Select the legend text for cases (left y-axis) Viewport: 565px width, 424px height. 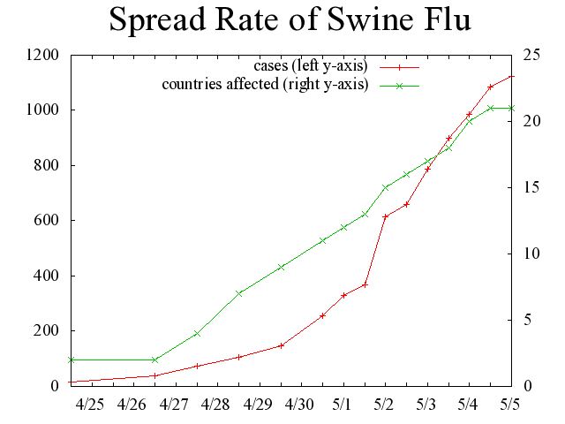pyautogui.click(x=309, y=66)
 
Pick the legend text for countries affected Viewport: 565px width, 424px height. pyautogui.click(x=264, y=85)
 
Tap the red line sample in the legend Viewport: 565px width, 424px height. pyautogui.click(x=398, y=66)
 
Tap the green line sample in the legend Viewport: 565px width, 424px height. pyautogui.click(x=398, y=86)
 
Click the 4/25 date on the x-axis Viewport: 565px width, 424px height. pyautogui.click(x=90, y=405)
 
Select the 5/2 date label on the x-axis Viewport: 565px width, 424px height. pyautogui.click(x=385, y=405)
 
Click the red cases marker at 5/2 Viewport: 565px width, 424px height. pyautogui.click(x=386, y=216)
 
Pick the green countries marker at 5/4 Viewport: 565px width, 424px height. pyautogui.click(x=470, y=121)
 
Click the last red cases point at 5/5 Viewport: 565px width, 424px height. pyautogui.click(x=511, y=77)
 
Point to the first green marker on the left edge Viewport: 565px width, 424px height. pyautogui.click(x=72, y=360)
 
